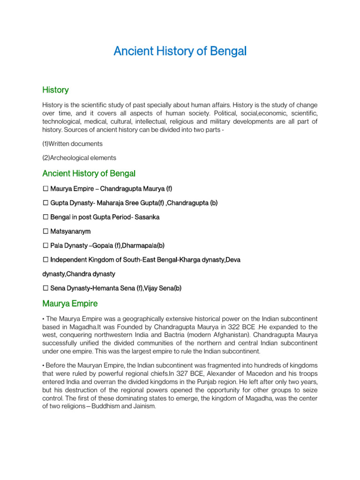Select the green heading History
[x=55, y=90]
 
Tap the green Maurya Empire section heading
[x=70, y=304]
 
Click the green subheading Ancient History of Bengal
[x=89, y=173]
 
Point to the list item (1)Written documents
[x=72, y=143]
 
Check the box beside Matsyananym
[x=45, y=231]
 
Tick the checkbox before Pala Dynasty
[x=45, y=245]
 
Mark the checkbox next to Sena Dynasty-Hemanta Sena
[x=45, y=288]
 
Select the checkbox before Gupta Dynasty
[x=45, y=203]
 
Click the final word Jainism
[x=143, y=406]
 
